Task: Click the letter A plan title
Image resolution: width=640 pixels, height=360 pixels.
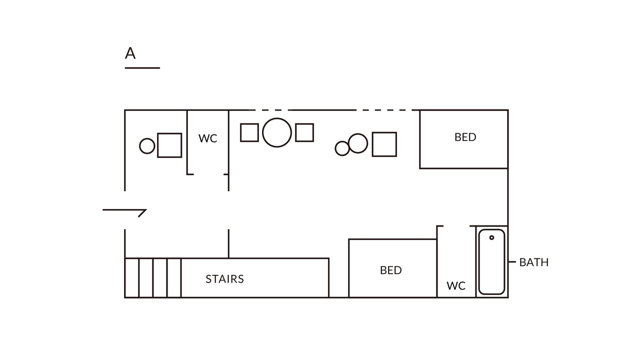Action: (130, 53)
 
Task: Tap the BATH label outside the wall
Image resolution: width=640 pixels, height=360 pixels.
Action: (533, 262)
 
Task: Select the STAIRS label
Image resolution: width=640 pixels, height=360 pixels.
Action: (225, 279)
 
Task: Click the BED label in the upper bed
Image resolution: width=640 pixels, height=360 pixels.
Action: (465, 137)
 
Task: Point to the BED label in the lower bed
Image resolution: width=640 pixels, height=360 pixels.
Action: (390, 270)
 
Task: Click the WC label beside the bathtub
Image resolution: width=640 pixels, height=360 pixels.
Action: (456, 285)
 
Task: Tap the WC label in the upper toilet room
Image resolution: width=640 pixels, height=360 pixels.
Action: (207, 138)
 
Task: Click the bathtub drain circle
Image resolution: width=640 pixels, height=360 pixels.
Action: (491, 237)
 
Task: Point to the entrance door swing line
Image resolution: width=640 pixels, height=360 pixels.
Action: (124, 210)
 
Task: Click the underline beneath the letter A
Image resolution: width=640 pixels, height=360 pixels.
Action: (142, 68)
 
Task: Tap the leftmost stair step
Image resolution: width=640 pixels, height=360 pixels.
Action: (131, 278)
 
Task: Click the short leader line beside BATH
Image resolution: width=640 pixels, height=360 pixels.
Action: (512, 261)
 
